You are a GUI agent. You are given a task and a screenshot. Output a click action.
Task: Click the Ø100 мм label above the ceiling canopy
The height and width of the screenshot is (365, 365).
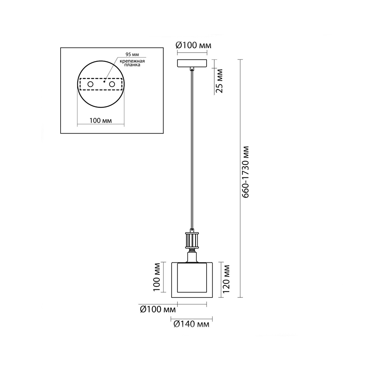(193, 45)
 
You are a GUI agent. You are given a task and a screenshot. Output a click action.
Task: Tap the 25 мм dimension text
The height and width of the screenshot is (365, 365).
(219, 81)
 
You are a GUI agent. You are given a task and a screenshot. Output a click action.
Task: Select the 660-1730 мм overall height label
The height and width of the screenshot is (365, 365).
(245, 172)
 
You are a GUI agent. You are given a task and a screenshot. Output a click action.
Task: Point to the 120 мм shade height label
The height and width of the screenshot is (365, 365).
(226, 280)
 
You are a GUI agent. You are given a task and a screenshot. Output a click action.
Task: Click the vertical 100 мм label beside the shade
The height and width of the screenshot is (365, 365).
(157, 277)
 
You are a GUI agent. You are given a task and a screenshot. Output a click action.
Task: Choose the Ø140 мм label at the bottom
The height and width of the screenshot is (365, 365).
(191, 324)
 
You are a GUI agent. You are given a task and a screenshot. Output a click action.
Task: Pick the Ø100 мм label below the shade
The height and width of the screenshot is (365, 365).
(158, 310)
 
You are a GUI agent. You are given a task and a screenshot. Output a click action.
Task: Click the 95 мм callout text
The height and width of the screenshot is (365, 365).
(132, 54)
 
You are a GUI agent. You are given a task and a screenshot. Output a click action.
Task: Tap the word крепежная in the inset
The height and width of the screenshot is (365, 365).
(132, 61)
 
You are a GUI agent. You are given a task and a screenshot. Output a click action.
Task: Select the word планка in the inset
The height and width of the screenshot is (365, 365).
(132, 65)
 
